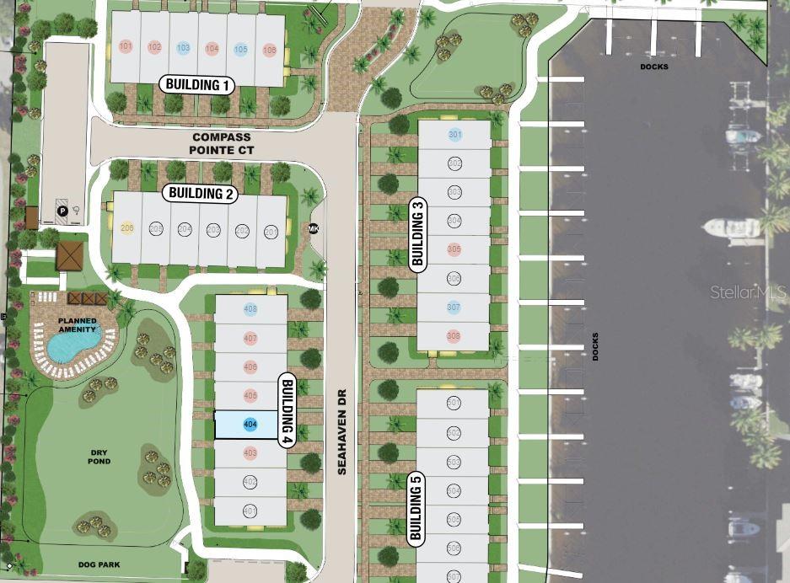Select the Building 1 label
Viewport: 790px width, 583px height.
(198, 84)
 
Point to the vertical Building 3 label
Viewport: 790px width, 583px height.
(417, 233)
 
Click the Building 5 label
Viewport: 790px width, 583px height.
(415, 509)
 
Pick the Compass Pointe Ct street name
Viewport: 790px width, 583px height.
(223, 143)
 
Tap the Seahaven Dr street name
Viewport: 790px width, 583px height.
(342, 431)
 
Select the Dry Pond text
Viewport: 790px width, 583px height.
(99, 457)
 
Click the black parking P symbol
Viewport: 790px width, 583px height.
(62, 211)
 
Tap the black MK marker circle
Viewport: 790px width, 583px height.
(314, 228)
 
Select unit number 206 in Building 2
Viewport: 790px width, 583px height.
(127, 229)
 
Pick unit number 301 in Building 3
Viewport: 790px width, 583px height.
(454, 135)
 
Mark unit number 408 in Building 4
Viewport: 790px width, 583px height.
(250, 309)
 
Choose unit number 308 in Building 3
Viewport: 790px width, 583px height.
(454, 337)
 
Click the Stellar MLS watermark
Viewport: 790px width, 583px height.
(747, 292)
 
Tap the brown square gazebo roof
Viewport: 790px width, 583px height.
(71, 255)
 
